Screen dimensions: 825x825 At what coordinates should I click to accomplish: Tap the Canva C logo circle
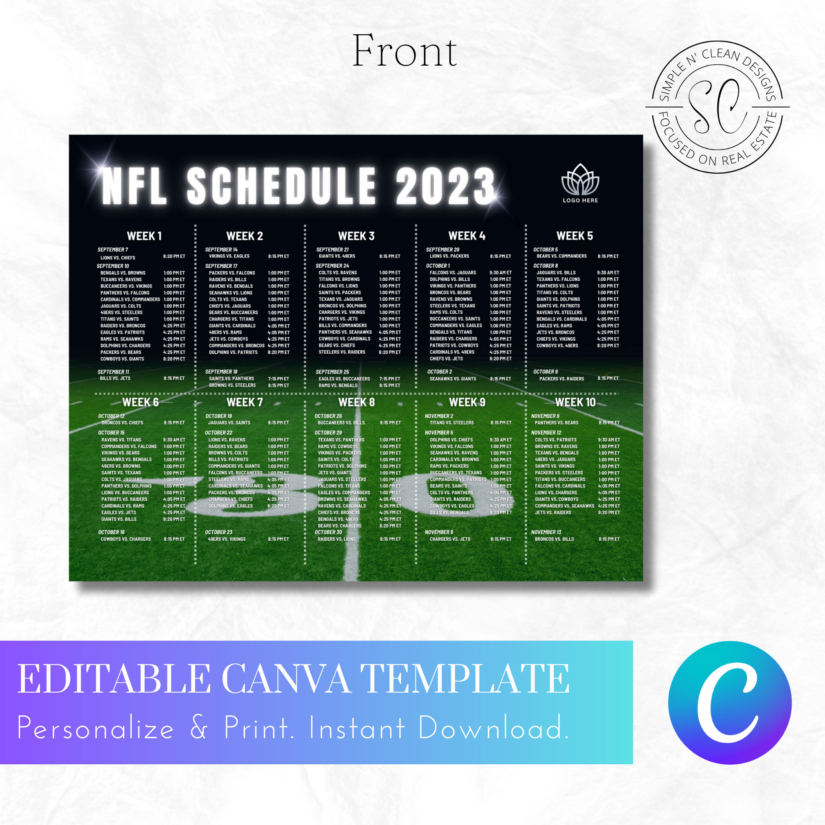(729, 702)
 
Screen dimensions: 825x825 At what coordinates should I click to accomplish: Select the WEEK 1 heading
(144, 236)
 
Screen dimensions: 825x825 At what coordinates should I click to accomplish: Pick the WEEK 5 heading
(574, 236)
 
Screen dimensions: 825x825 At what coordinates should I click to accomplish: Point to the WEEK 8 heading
(356, 402)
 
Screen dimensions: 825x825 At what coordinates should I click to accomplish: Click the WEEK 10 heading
(575, 402)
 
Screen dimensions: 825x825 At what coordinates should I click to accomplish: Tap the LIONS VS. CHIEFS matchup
(118, 258)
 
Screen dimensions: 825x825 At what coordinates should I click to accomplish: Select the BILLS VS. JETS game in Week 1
(115, 378)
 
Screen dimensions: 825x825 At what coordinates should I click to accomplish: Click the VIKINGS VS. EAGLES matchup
(229, 256)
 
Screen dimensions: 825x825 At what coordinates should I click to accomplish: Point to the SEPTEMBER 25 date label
(332, 372)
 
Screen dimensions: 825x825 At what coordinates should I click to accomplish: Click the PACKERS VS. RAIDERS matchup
(561, 379)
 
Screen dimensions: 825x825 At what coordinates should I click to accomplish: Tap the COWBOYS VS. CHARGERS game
(125, 539)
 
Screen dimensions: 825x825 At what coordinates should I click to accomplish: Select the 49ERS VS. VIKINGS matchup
(227, 539)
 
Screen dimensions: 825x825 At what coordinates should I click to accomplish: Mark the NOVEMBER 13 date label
(546, 532)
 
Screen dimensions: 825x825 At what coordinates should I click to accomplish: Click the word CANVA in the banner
(286, 679)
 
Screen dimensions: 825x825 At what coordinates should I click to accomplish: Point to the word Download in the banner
(491, 728)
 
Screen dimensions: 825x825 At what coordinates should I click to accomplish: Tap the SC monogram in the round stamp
(717, 107)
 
